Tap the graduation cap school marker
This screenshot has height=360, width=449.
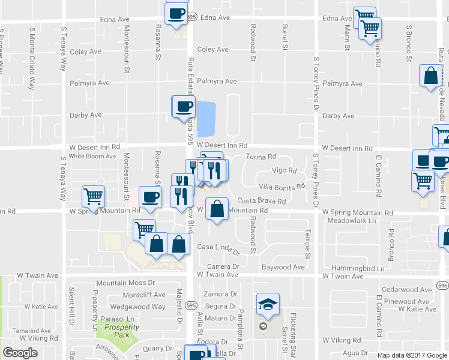[x=268, y=304]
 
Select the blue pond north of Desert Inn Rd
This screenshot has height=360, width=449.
[x=206, y=118]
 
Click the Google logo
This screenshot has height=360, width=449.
[x=20, y=353]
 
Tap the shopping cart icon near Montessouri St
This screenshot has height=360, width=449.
[x=94, y=196]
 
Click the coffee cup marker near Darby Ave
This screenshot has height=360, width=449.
[x=184, y=107]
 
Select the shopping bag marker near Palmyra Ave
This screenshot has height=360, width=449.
[x=431, y=76]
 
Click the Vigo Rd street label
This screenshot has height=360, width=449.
[x=285, y=170]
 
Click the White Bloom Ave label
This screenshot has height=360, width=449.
[x=92, y=156]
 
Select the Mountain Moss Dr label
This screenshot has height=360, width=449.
[x=126, y=283]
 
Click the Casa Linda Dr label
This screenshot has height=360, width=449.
[x=218, y=248]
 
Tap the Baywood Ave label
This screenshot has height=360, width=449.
[x=283, y=266]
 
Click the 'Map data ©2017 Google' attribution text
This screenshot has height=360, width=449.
[x=411, y=355]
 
